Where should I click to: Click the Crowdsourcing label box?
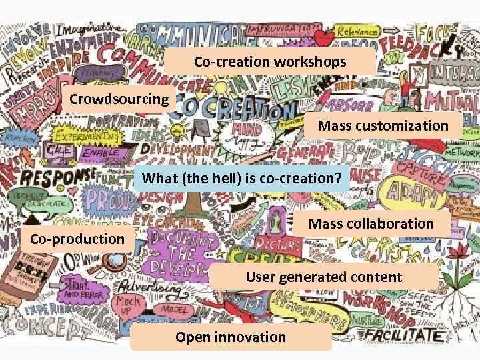(x=119, y=100)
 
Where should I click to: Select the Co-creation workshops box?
(x=270, y=62)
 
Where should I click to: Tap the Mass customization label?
(x=383, y=126)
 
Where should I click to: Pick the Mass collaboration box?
(x=371, y=223)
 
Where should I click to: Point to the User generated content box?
(x=324, y=277)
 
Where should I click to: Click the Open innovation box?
(x=231, y=337)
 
